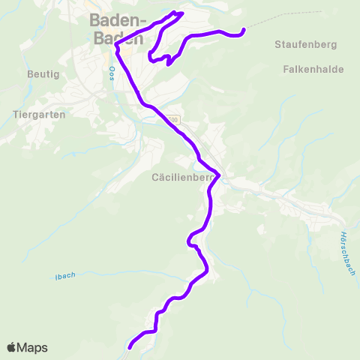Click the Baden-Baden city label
117,30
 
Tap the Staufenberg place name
301,46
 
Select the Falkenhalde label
313,70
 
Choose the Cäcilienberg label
179,178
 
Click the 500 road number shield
173,119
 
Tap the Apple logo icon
11,347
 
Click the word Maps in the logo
32,348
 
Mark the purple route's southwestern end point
130,347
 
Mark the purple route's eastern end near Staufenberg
244,30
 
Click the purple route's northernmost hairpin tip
178,12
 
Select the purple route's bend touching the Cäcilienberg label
218,175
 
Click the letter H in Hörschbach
341,232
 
